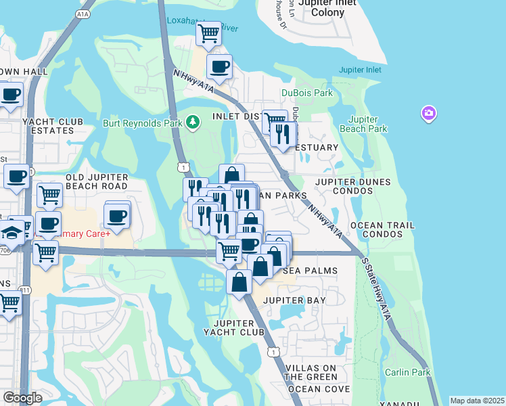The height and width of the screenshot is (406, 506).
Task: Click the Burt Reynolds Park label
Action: (143, 124)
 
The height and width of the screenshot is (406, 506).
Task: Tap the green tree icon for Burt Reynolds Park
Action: (193, 122)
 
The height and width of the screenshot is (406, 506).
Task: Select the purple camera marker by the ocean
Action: (428, 113)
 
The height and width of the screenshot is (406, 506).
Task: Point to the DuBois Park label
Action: (308, 93)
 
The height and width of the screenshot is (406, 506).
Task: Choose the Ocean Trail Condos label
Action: (383, 229)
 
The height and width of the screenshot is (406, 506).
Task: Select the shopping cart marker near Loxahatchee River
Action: (209, 33)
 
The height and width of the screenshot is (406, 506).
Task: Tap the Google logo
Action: (22, 398)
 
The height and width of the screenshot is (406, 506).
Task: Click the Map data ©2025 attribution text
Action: (477, 401)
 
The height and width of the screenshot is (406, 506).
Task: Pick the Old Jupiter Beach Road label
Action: (96, 181)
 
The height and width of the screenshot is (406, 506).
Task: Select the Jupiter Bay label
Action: (294, 300)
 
